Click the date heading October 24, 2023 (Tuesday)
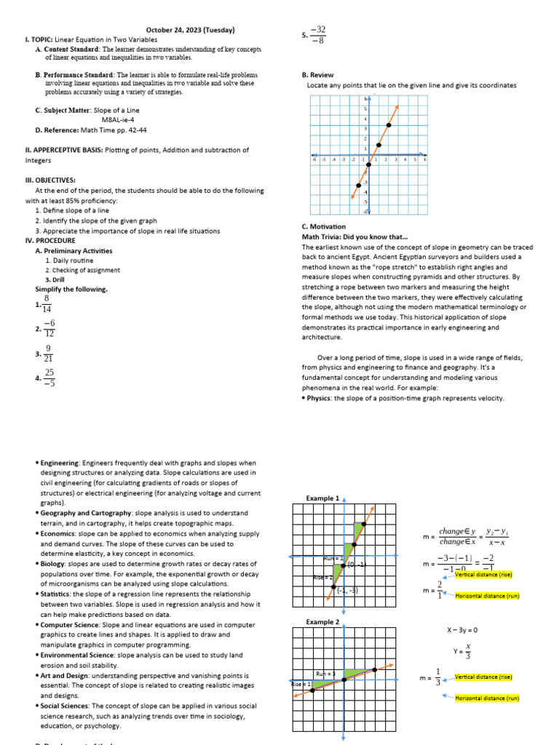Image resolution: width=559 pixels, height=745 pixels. [190, 30]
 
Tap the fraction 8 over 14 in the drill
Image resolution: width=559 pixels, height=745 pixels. [47, 305]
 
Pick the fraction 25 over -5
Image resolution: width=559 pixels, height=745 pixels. [49, 378]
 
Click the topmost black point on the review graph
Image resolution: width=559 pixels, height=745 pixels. [389, 125]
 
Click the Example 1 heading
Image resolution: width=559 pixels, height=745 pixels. [322, 498]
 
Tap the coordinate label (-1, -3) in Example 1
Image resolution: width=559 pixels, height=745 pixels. [347, 591]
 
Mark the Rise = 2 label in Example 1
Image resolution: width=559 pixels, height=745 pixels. [322, 577]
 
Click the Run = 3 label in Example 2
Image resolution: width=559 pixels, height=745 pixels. [325, 674]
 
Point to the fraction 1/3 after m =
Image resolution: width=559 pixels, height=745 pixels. [437, 677]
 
